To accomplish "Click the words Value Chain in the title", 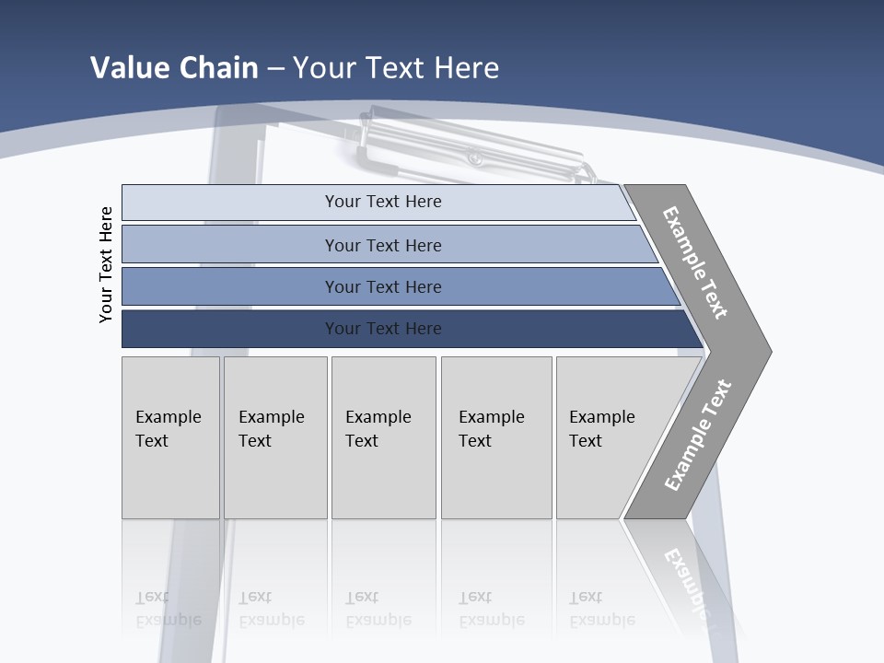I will (174, 68).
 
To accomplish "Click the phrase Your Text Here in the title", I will (396, 68).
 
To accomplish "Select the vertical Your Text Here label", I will (106, 264).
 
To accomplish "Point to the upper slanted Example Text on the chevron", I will (695, 262).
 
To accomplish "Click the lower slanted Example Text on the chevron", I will (698, 435).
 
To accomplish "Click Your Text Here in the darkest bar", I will (383, 329).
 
